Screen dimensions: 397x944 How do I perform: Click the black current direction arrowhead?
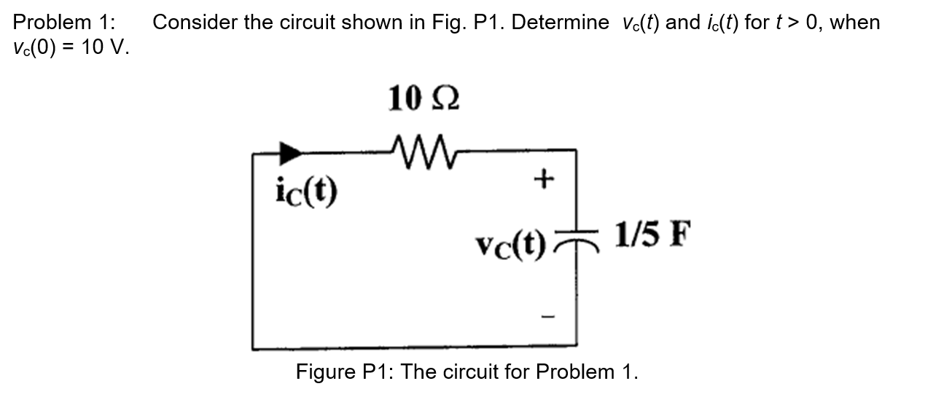292,152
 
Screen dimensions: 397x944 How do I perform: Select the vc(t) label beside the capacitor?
510,243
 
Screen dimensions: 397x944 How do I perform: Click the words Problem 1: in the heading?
64,23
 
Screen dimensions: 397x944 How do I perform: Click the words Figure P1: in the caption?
345,372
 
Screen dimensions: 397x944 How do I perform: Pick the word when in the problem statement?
855,23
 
